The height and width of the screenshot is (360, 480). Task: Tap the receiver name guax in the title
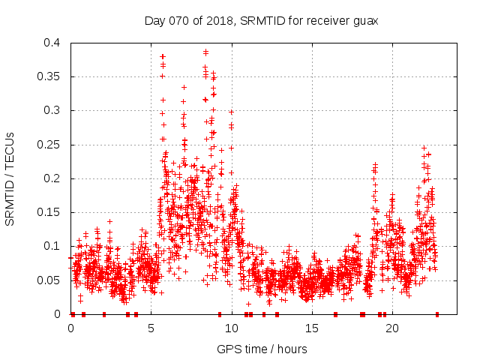[x=364, y=21]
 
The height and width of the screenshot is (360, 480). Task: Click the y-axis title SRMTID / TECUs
[x=10, y=178]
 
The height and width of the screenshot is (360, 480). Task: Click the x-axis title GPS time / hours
[x=262, y=349]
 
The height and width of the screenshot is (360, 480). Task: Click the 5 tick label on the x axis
[x=151, y=328]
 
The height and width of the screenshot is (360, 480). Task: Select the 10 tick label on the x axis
[x=232, y=328]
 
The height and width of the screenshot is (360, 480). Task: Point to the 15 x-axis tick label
[x=312, y=328]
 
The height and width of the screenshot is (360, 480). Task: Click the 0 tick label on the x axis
[x=71, y=328]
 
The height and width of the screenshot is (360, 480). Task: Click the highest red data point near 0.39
[x=205, y=52]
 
